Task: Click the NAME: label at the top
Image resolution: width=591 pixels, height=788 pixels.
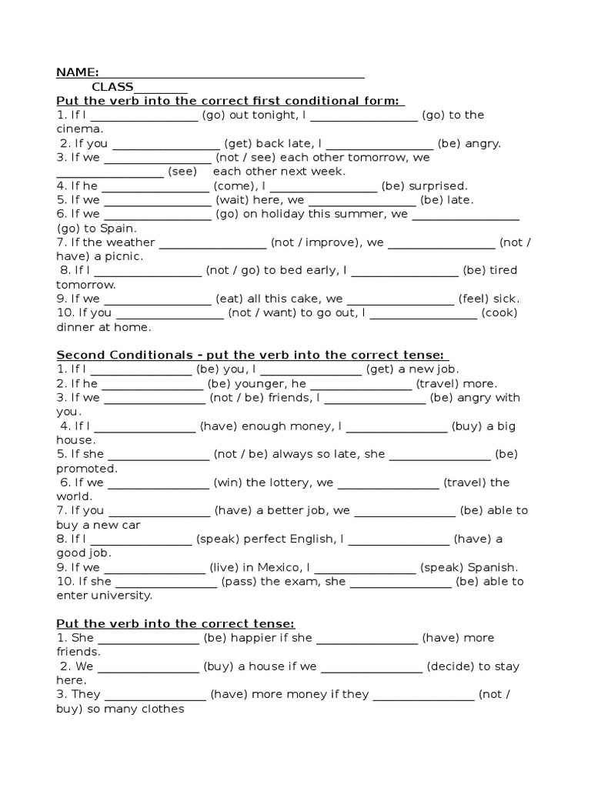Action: point(77,72)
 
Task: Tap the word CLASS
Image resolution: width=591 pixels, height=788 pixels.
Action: point(112,87)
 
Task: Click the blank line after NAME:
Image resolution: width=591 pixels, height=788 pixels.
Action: point(232,75)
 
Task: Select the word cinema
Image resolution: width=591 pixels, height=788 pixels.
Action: point(79,129)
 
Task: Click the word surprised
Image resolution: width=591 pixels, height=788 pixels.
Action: point(436,185)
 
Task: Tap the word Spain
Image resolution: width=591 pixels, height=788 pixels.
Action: point(117,229)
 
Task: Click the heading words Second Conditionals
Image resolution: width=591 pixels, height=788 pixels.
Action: point(124,355)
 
